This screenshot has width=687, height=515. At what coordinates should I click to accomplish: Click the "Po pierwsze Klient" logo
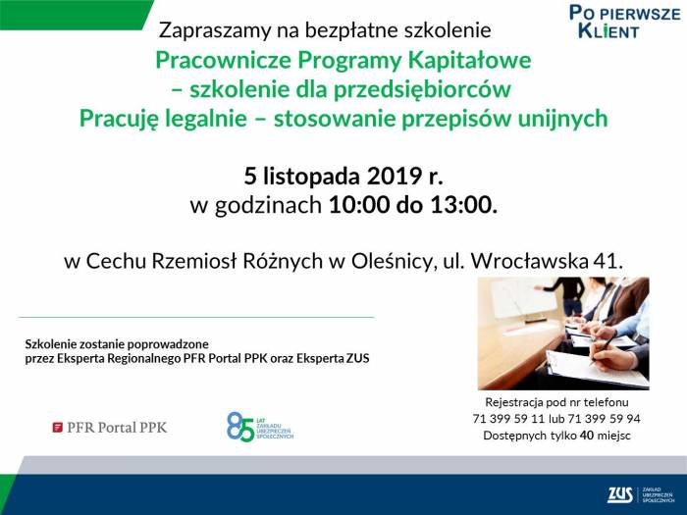[x=625, y=22]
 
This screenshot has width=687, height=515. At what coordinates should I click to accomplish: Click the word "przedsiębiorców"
[x=422, y=89]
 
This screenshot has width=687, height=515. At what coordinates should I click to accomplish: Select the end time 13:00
[x=464, y=204]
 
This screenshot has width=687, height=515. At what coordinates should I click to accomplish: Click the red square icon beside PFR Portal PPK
[x=57, y=428]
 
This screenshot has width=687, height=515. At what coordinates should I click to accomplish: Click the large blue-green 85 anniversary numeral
[x=240, y=426]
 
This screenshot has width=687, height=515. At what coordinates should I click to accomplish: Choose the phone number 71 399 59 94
[x=605, y=419]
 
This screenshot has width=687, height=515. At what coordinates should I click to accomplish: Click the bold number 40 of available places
[x=587, y=436]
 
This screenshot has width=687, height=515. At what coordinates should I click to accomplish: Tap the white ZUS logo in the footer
[x=620, y=494]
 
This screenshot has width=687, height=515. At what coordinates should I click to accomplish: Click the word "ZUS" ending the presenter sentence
[x=358, y=359]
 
